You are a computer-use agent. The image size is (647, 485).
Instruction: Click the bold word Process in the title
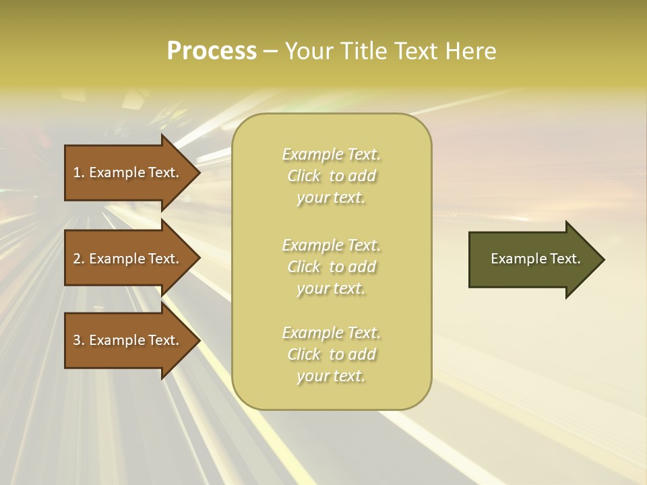(x=212, y=51)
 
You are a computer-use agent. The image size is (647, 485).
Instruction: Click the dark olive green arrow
(x=526, y=259)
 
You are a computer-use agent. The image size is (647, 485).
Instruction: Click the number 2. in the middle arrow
(x=78, y=259)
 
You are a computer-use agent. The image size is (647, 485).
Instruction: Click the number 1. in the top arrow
(x=78, y=172)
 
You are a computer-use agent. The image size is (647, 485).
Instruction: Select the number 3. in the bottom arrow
(x=78, y=340)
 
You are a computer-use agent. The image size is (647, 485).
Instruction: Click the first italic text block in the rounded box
(x=331, y=176)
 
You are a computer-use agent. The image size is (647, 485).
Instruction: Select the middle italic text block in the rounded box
(x=331, y=267)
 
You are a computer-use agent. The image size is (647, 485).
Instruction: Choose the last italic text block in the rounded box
(x=331, y=354)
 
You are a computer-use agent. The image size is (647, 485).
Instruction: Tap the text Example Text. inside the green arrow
(x=535, y=259)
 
